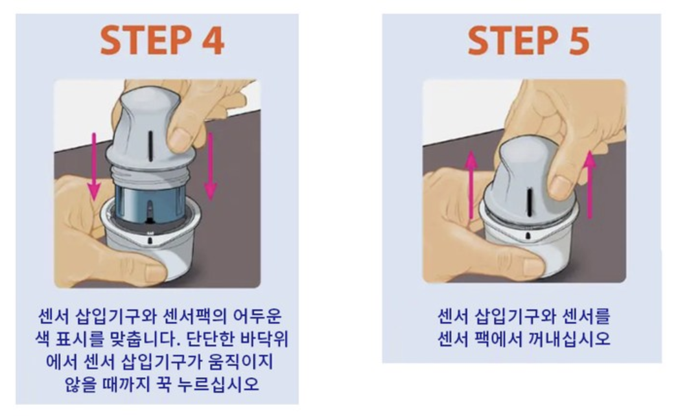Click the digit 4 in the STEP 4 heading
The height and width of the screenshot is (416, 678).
click(x=213, y=40)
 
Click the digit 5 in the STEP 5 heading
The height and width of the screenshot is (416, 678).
click(x=578, y=41)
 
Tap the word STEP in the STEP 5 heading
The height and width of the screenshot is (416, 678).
click(x=513, y=41)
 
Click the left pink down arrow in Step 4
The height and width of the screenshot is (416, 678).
click(x=94, y=167)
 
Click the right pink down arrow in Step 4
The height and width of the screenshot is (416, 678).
click(x=210, y=167)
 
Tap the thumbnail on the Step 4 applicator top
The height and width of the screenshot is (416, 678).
click(x=178, y=140)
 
